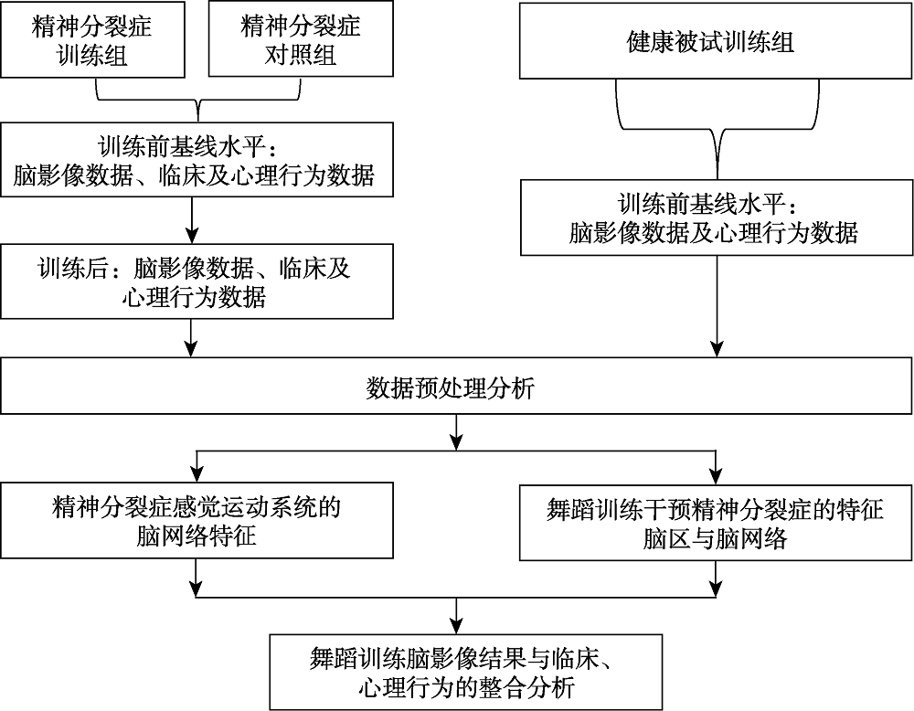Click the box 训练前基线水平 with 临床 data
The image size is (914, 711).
point(197,162)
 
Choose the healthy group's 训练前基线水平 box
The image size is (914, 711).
point(716,217)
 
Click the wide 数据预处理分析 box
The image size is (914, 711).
point(456,389)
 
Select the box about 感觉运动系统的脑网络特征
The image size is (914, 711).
point(197,522)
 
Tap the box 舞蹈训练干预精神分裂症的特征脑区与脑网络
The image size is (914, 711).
point(716,522)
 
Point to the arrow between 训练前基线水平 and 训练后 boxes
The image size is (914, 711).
point(192,220)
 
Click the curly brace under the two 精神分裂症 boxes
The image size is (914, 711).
point(197,97)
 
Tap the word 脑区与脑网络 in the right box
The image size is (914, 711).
point(716,538)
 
